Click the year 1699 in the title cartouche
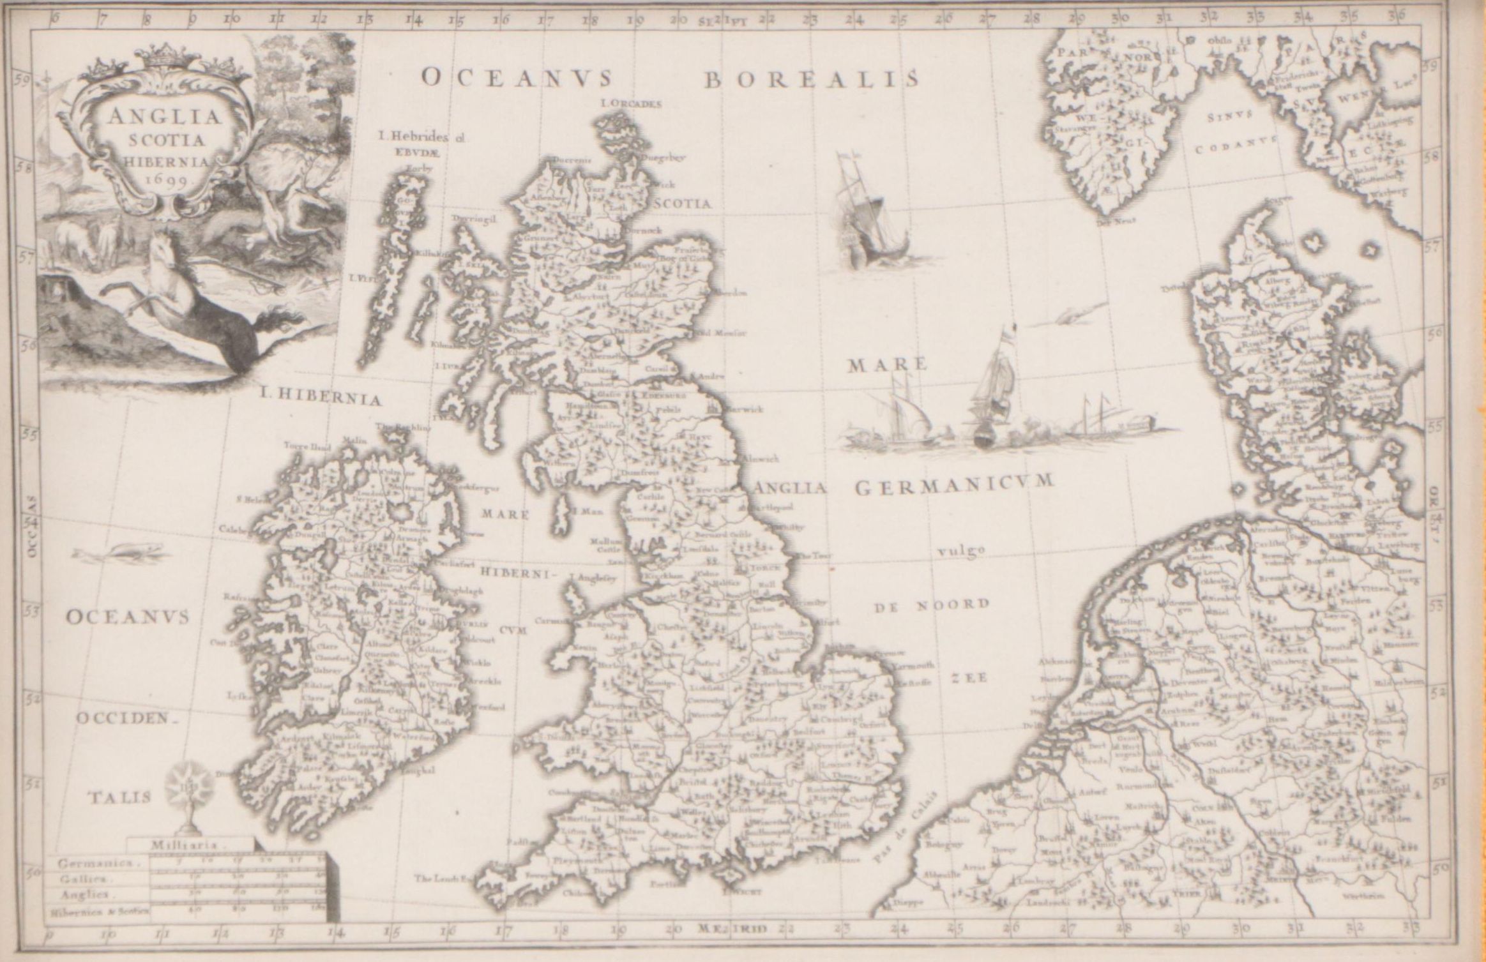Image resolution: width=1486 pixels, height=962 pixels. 160,180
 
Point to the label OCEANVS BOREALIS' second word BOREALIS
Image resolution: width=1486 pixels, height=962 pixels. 812,79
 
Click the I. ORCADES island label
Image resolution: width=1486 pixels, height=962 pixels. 631,103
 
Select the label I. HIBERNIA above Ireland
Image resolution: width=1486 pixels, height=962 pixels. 321,399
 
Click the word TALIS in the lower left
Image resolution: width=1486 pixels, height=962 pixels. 120,797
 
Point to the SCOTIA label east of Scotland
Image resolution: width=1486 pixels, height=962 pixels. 682,204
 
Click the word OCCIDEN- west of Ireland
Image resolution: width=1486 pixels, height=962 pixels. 125,718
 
